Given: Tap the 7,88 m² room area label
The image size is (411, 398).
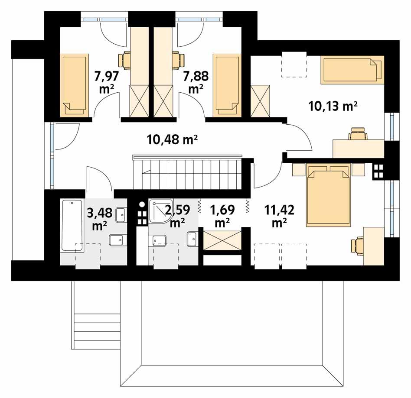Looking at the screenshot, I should click(196, 82).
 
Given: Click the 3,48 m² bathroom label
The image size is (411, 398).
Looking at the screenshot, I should click(100, 219).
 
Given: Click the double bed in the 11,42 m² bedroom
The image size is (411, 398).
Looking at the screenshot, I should click(328, 195).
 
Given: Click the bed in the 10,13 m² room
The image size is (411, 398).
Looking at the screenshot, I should click(352, 69).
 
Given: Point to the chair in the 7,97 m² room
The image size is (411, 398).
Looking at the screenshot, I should click(125, 60).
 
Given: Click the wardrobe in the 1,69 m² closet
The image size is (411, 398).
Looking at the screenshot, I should click(222, 240).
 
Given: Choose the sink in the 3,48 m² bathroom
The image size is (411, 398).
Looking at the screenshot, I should click(121, 213).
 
